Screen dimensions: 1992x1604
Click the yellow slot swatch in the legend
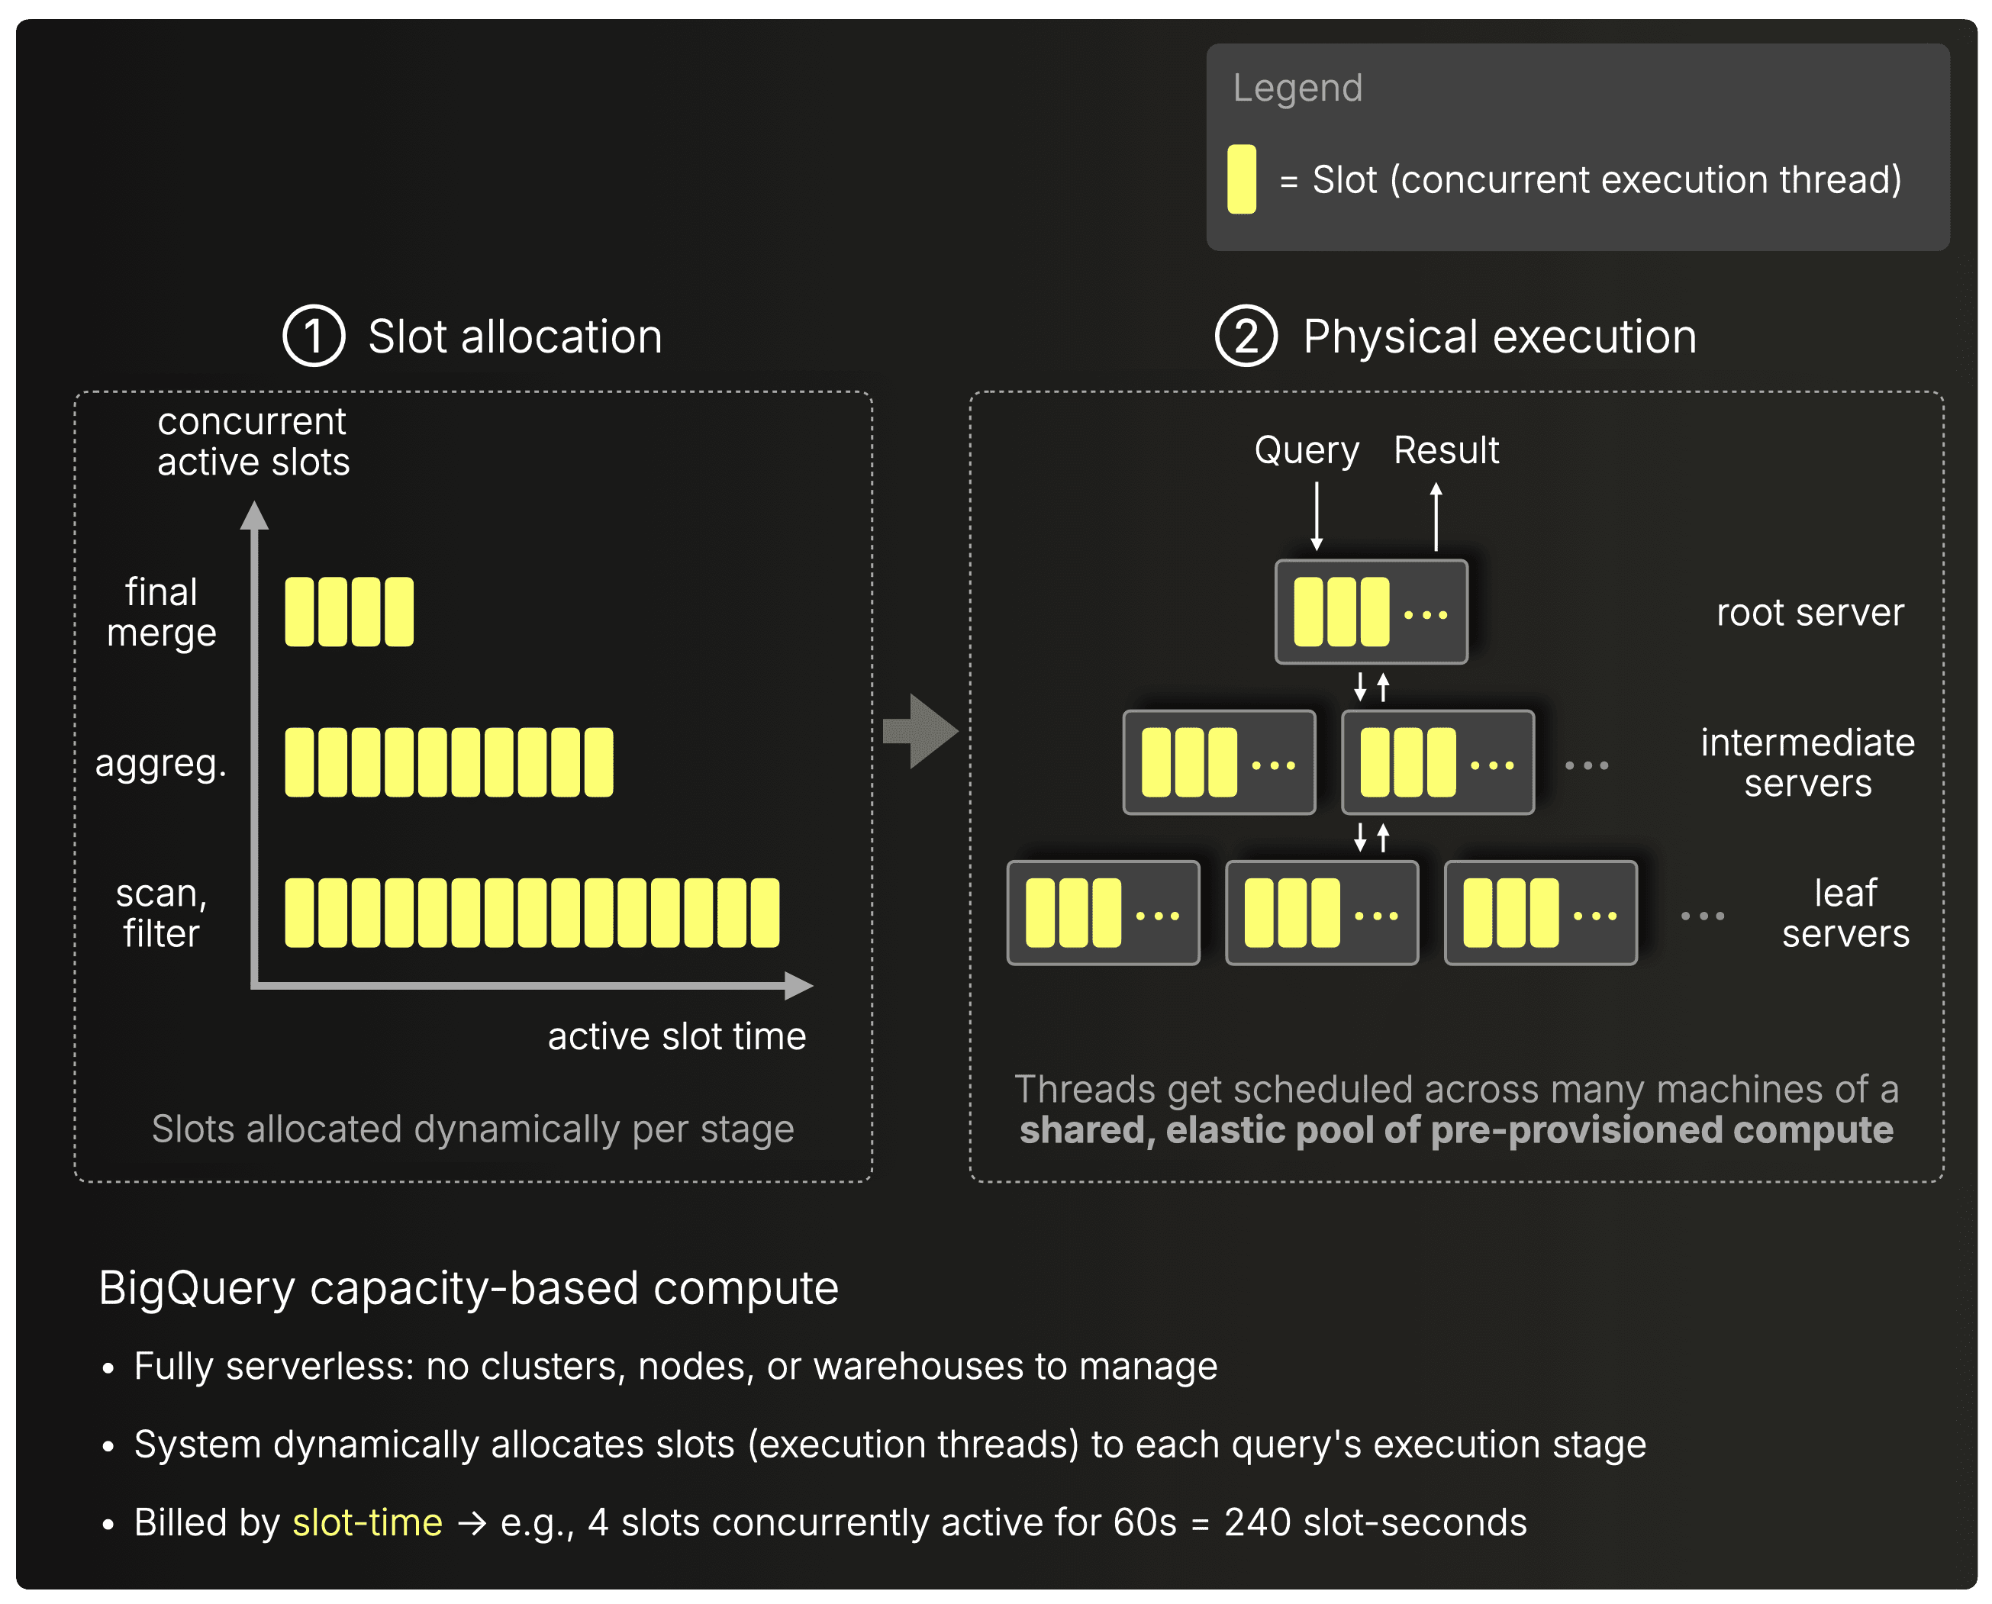tap(1241, 179)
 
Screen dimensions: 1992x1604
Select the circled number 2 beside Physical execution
tap(1246, 336)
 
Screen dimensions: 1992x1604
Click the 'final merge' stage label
tap(162, 612)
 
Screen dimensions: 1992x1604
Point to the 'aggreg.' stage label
tap(161, 763)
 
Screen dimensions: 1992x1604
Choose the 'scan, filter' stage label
tap(162, 913)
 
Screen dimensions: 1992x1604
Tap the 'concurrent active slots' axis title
tap(253, 441)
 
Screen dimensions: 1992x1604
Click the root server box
tap(1371, 612)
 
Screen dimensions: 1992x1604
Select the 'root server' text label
tap(1810, 613)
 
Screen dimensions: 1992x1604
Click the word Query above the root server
tap(1307, 451)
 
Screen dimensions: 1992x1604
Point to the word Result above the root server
tap(1446, 450)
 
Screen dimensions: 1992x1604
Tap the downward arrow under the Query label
tap(1317, 517)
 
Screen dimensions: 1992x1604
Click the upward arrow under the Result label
tap(1436, 517)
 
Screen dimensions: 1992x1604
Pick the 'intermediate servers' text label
tap(1808, 762)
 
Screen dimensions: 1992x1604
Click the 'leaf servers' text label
tap(1845, 913)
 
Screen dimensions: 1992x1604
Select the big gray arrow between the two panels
tap(920, 731)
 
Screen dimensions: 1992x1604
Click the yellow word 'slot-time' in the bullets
tap(367, 1522)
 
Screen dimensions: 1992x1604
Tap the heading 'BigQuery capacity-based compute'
tap(469, 1288)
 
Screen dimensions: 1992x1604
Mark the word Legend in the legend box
tap(1297, 89)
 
